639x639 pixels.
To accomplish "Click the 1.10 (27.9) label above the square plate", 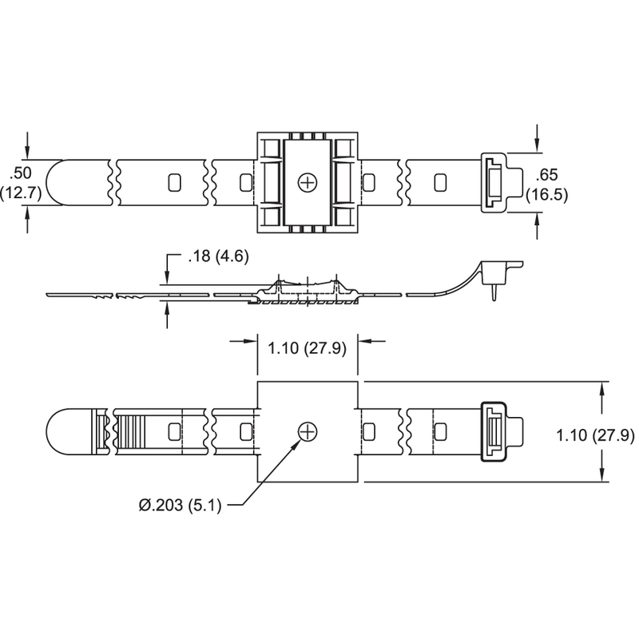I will tap(307, 349).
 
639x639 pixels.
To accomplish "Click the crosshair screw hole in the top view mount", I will tap(307, 183).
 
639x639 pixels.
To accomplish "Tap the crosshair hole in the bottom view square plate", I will tap(307, 432).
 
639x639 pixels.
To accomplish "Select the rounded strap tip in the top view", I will tap(58, 183).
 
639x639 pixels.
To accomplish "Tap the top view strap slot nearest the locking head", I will tap(439, 183).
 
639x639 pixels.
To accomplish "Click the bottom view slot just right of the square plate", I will tap(370, 432).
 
